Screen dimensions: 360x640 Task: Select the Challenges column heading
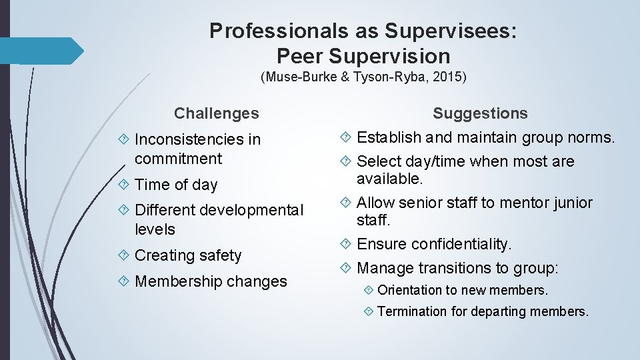tap(216, 113)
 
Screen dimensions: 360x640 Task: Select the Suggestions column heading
tap(480, 114)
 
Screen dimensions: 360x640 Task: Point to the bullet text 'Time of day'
tap(176, 185)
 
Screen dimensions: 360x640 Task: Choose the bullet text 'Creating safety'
tap(188, 255)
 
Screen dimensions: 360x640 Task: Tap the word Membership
tap(171, 281)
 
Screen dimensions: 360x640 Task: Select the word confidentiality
tap(461, 245)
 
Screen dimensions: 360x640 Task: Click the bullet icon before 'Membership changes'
tap(125, 281)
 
